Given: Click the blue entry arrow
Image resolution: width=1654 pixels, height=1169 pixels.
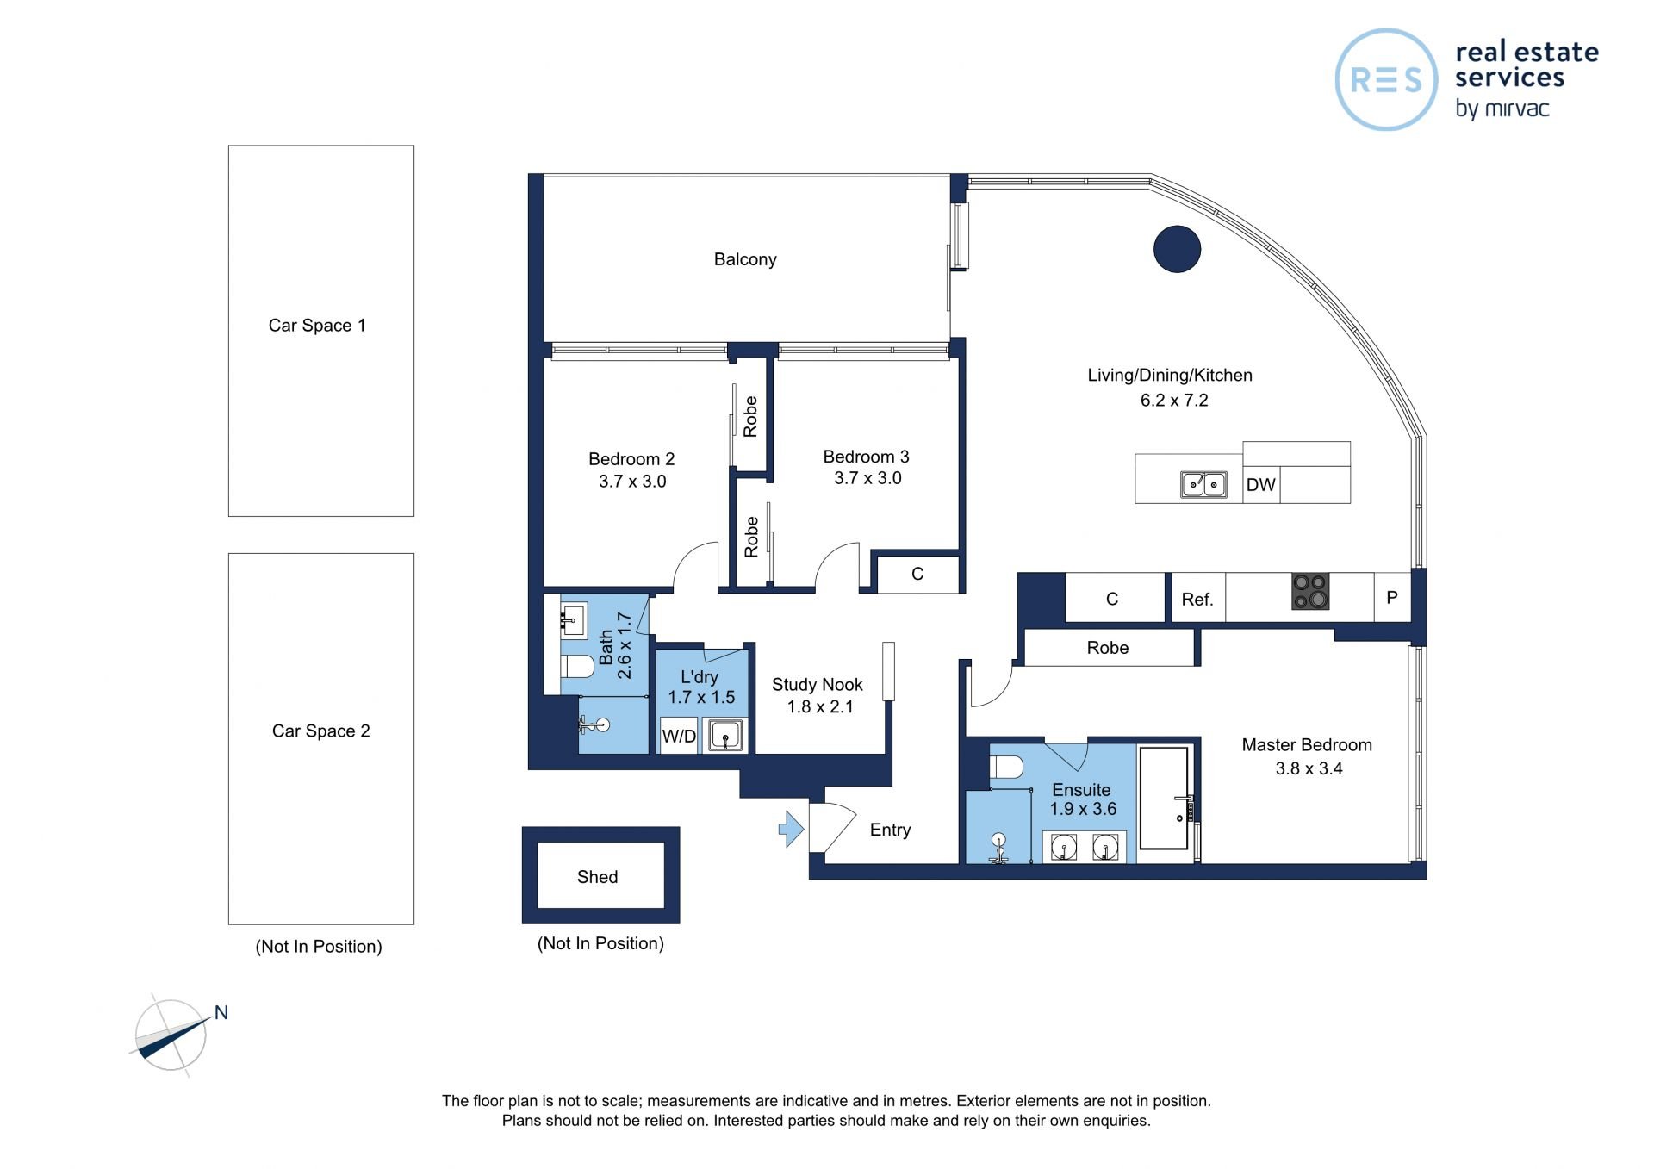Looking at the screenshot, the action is (791, 829).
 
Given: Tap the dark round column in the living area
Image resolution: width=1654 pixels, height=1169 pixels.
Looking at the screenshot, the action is (1177, 249).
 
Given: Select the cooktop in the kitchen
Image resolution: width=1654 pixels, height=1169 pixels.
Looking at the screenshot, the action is (1309, 592).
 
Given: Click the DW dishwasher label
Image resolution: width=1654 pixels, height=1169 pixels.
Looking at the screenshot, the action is (1260, 485).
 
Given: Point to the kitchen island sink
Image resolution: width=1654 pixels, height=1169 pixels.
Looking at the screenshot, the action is (1203, 485).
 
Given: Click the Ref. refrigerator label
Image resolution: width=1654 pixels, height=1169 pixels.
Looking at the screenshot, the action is (1197, 600).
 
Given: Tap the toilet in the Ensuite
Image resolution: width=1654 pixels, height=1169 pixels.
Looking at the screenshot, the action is (1006, 767).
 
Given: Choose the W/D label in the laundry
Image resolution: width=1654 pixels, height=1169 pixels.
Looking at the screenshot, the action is (679, 737).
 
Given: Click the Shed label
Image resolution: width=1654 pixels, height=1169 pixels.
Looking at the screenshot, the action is (597, 877).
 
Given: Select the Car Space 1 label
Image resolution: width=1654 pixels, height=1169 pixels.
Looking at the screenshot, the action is (317, 326).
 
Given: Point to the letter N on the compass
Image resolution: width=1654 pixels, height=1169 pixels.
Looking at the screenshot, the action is (221, 1013).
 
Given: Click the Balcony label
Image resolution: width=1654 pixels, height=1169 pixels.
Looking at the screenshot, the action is (745, 259).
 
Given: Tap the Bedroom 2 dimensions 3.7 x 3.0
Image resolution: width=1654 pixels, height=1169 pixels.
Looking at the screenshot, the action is (632, 482).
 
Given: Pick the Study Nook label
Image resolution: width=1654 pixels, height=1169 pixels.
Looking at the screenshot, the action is (817, 685).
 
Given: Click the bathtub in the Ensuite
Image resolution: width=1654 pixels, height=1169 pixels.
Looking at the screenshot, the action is (1164, 799).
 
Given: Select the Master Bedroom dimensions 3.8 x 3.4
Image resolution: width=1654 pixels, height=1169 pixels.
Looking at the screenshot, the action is (1309, 768).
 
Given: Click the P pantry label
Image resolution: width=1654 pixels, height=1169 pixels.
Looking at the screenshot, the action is (1391, 597).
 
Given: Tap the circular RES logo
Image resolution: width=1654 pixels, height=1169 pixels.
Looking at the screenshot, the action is (1386, 80).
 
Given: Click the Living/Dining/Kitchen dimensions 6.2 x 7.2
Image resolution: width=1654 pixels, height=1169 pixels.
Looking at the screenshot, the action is (1174, 401).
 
